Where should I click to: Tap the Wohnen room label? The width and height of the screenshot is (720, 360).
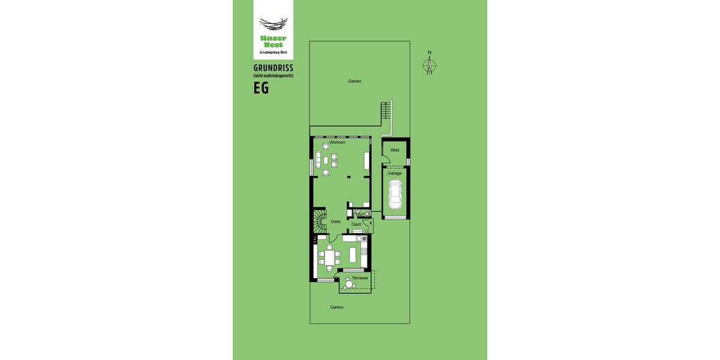click(337, 142)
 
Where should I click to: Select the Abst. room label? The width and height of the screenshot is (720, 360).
click(395, 150)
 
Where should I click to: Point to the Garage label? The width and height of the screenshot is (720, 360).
click(395, 173)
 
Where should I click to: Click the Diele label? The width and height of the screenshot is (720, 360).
click(336, 221)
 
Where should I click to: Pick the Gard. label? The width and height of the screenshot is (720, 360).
click(356, 224)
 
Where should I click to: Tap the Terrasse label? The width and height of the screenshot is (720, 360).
click(360, 278)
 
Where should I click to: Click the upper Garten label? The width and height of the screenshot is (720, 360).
click(355, 81)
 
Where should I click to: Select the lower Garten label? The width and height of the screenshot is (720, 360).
click(337, 307)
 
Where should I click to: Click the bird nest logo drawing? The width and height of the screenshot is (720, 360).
click(273, 24)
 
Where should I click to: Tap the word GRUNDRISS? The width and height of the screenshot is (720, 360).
click(273, 68)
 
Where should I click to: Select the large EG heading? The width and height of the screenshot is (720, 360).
click(261, 88)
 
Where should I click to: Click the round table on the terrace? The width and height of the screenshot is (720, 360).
click(349, 284)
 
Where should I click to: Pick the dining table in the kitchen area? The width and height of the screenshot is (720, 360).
click(329, 257)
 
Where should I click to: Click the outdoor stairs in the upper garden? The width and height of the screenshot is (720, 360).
click(386, 110)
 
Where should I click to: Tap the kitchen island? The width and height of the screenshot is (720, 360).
click(353, 254)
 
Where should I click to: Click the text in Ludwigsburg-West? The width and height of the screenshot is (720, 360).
click(273, 52)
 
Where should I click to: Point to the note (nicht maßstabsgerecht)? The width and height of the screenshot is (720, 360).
click(273, 76)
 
